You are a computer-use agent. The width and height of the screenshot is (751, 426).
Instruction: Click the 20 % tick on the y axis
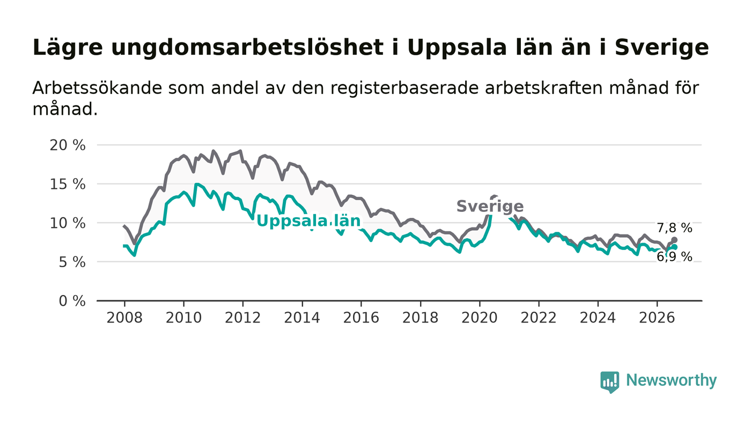tap(68, 145)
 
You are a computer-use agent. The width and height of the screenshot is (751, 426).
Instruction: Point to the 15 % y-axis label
tap(68, 185)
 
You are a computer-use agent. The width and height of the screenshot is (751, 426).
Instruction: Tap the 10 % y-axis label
tap(68, 223)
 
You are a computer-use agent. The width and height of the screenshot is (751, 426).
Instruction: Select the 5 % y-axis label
tap(72, 262)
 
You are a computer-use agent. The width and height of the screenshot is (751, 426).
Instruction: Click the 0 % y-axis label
tap(72, 301)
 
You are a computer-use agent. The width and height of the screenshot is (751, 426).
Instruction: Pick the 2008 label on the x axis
tap(124, 318)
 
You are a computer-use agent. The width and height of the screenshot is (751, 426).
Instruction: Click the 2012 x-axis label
tap(242, 318)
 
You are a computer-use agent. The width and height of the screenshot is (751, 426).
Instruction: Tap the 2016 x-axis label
tap(361, 318)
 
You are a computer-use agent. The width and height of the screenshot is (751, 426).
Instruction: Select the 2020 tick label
tap(480, 318)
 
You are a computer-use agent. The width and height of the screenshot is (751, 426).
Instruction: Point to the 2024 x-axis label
tap(598, 318)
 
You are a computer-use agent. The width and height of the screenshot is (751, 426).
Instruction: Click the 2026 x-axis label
tap(657, 318)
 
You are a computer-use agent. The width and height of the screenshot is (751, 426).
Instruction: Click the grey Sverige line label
tap(490, 206)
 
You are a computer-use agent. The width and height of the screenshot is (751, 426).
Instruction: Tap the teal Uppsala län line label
tap(308, 221)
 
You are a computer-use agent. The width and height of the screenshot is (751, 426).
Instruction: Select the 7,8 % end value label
tap(674, 228)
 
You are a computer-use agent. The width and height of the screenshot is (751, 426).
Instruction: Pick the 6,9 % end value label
tap(674, 257)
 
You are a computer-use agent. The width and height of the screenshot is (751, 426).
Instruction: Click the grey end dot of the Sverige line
tap(674, 240)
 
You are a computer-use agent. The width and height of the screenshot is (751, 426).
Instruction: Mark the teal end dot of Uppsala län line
tap(674, 247)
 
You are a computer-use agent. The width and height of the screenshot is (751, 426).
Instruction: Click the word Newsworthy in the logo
tap(671, 380)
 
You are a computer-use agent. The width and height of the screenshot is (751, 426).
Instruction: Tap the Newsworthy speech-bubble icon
tap(609, 382)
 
